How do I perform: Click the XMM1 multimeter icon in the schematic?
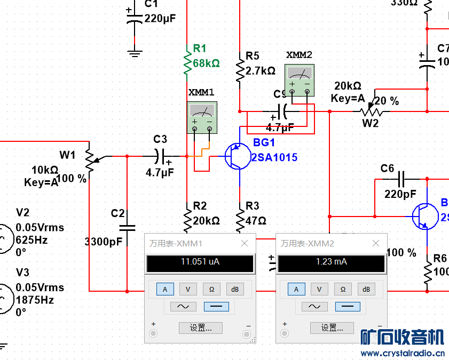[x=202, y=118]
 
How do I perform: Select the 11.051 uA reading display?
[x=200, y=262]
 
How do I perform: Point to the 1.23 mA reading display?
[x=332, y=262]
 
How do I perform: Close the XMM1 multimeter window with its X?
[x=245, y=244]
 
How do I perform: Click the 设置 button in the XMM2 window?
[x=332, y=327]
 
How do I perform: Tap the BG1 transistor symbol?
[x=235, y=156]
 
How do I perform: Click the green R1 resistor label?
[x=199, y=48]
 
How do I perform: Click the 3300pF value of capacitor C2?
[x=104, y=241]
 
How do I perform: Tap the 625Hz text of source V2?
[x=31, y=240]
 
